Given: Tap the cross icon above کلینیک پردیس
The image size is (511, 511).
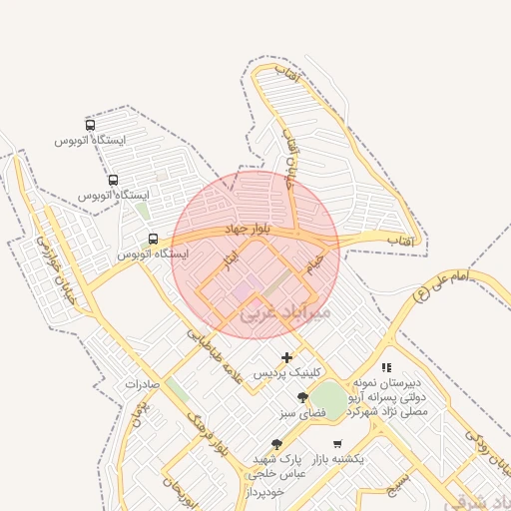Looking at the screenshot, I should point(287,357).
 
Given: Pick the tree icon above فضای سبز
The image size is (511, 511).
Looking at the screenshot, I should point(302,397).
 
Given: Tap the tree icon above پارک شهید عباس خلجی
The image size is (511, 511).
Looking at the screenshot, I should point(276,444).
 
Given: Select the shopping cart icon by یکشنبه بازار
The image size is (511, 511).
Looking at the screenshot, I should point(337,443).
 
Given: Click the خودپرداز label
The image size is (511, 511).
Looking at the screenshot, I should point(264,492).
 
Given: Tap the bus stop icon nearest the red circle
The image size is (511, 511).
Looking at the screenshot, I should point(153,239).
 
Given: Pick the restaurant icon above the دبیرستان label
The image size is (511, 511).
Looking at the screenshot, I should point(386,367).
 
